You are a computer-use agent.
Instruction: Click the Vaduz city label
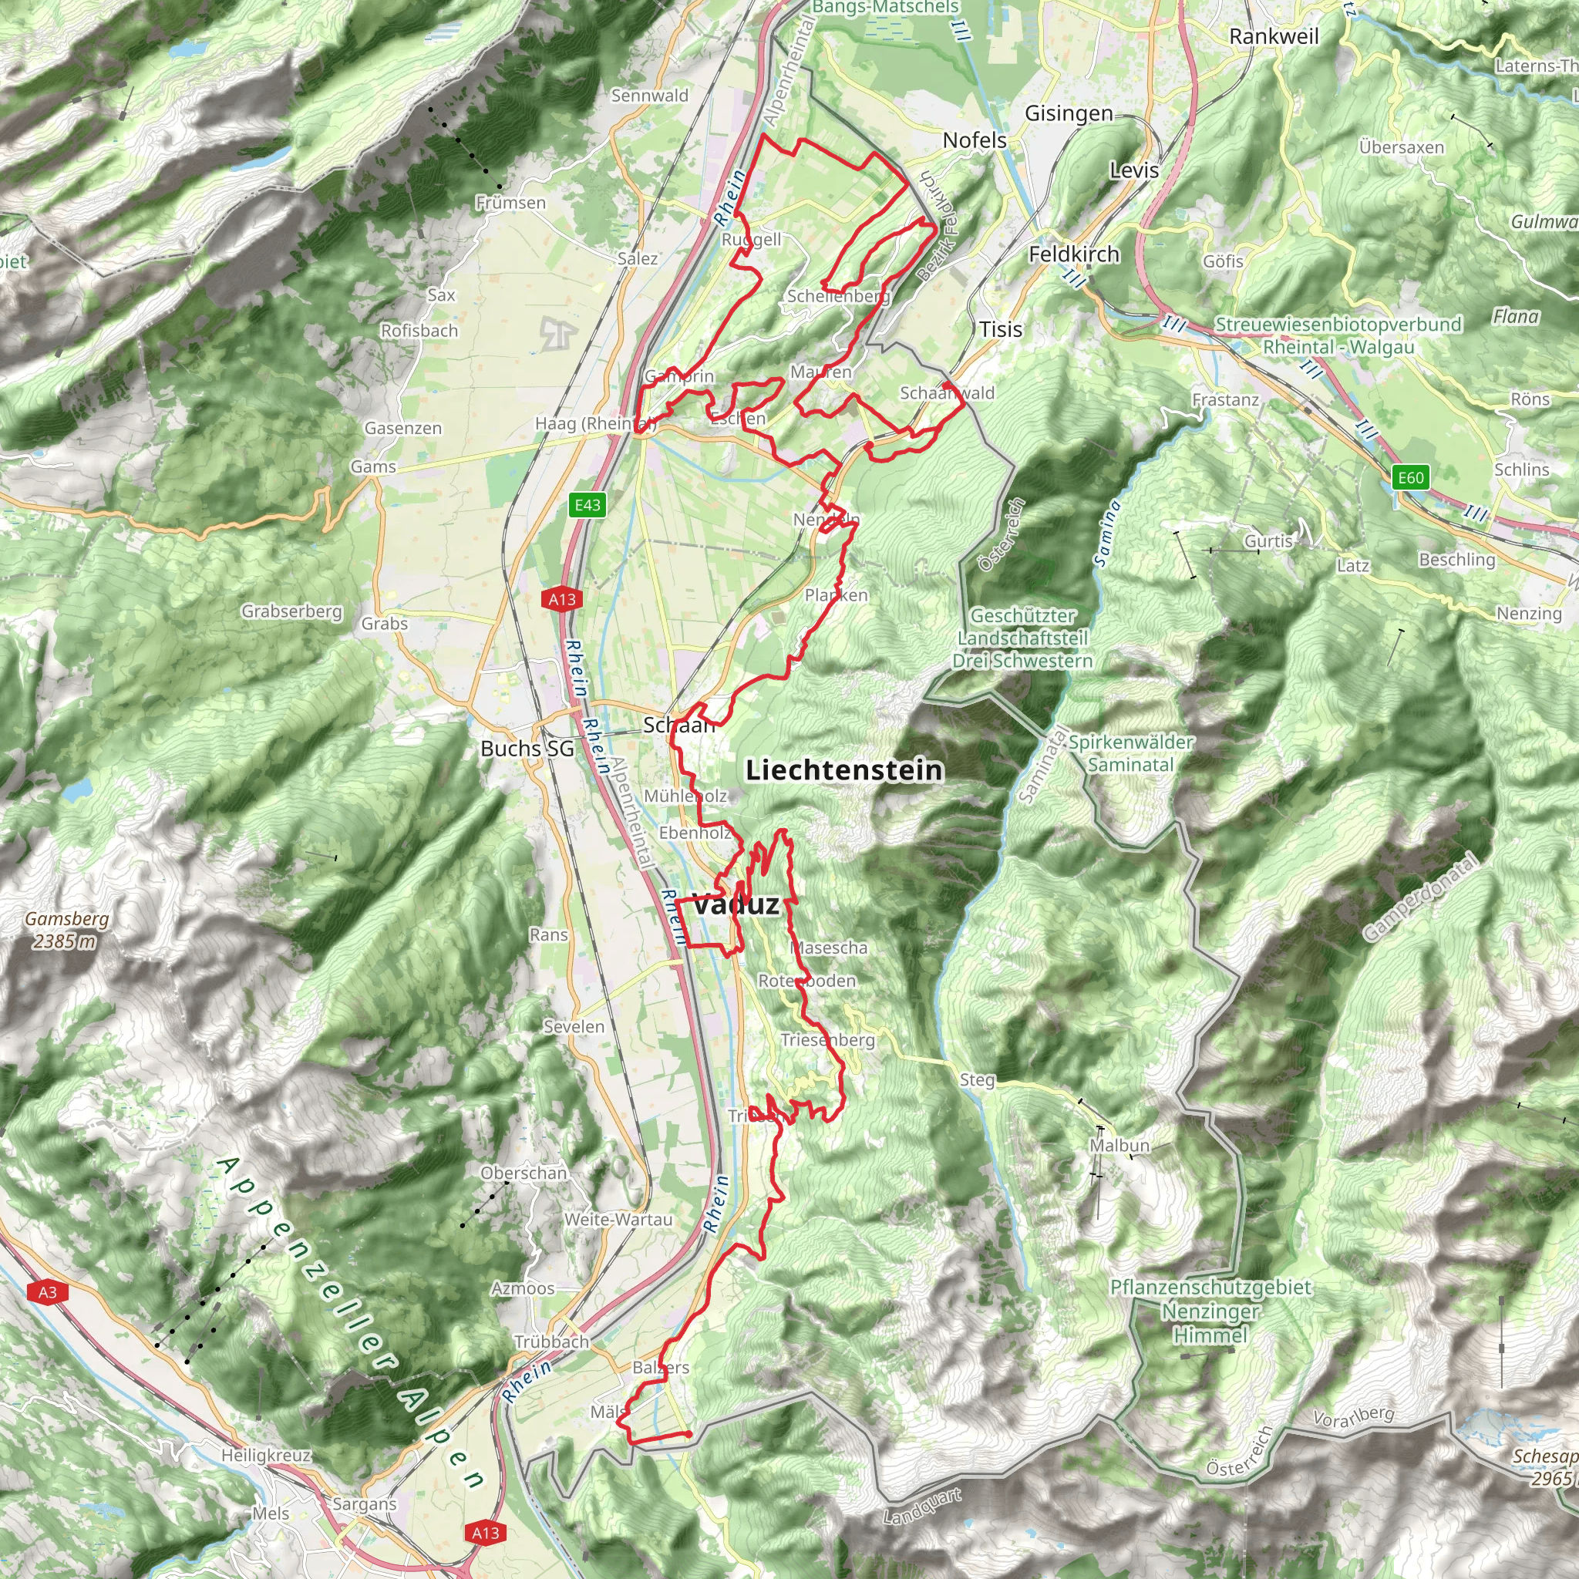[x=735, y=904]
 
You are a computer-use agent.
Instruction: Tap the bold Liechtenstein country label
[x=844, y=770]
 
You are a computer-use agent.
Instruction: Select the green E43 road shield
[x=587, y=505]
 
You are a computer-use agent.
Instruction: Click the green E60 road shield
[x=1411, y=478]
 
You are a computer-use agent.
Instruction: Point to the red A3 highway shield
[x=47, y=1292]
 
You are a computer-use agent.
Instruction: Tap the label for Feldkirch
[x=1073, y=254]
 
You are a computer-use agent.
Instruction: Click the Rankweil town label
[x=1274, y=37]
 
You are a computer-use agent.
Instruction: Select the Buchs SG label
[x=527, y=749]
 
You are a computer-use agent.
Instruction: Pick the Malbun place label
[x=1119, y=1145]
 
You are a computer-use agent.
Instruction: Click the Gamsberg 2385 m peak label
[x=66, y=929]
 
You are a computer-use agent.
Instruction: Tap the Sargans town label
[x=365, y=1503]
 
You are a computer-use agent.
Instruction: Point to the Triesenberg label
[x=827, y=1039]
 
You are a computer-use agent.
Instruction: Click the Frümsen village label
[x=511, y=203]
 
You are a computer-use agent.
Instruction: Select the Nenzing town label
[x=1528, y=613]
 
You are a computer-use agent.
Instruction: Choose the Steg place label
[x=977, y=1079]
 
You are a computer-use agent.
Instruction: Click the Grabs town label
[x=384, y=624]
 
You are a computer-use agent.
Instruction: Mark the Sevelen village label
[x=574, y=1026]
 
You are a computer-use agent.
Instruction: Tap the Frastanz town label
[x=1225, y=399]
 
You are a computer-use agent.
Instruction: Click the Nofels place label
[x=975, y=140]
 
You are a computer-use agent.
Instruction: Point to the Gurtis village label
[x=1268, y=541]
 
